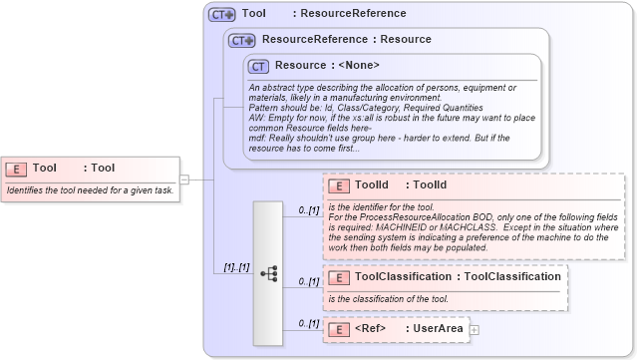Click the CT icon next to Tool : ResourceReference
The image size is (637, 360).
pos(221,15)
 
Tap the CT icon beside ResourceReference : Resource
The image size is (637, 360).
pos(242,41)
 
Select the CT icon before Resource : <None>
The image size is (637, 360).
pos(259,66)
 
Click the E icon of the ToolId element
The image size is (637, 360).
pos(337,185)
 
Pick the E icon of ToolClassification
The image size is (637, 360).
pos(337,277)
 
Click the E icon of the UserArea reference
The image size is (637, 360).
pos(337,329)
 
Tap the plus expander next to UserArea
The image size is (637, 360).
pos(475,329)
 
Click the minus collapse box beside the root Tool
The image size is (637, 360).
pos(184,180)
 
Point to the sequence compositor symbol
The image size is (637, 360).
pos(268,272)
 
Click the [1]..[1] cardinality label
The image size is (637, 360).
pos(235,267)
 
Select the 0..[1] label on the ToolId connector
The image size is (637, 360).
pos(308,210)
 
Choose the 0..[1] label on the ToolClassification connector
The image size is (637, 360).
pos(308,282)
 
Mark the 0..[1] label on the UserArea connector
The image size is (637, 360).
pos(308,323)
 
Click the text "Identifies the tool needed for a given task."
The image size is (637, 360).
pos(90,189)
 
